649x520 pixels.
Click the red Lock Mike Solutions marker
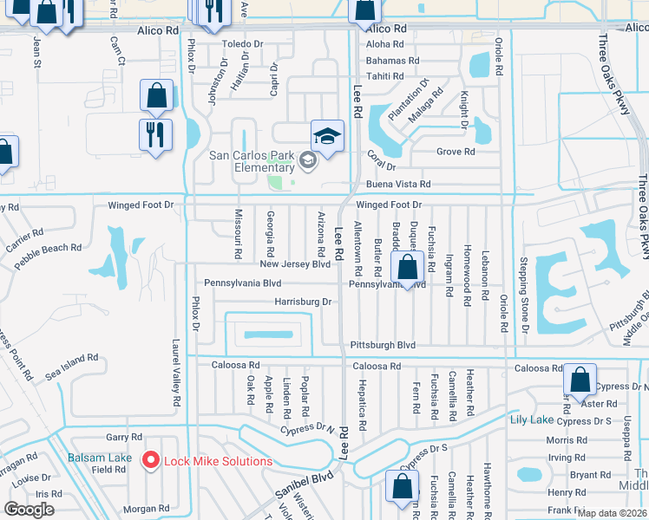click(151, 460)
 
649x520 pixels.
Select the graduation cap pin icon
click(327, 136)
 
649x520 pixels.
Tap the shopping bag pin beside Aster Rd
click(580, 380)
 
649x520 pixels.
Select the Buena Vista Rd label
click(401, 185)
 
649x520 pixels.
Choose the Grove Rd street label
click(456, 152)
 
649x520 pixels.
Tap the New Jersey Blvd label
click(295, 264)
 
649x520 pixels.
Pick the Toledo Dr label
click(242, 44)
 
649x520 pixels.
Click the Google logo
click(29, 510)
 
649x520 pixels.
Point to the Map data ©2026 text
click(611, 513)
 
